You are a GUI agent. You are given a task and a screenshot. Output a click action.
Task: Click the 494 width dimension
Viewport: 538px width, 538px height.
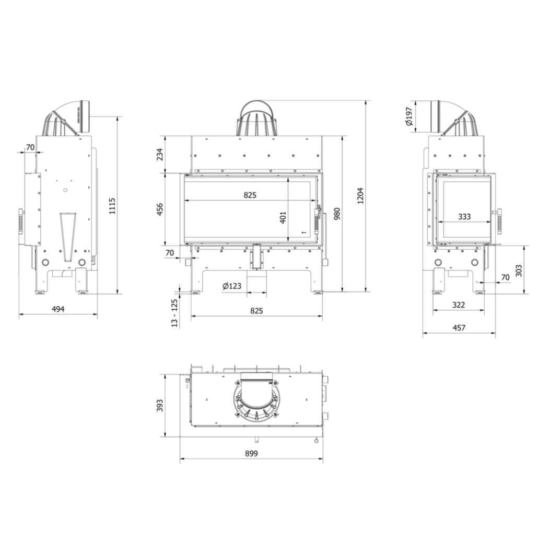(58, 309)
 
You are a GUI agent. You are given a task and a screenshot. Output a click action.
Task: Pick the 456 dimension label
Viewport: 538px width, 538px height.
(160, 209)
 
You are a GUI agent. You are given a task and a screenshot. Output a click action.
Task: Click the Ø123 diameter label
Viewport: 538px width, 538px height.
(231, 286)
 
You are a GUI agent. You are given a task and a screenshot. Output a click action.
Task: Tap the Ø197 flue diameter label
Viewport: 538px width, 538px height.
(409, 117)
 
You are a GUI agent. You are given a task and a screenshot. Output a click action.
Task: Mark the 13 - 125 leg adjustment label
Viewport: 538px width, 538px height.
(174, 312)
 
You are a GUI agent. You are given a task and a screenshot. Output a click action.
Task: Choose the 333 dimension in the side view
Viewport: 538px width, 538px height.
(464, 216)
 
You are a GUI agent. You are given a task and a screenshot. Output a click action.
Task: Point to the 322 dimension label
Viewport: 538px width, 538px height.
(459, 305)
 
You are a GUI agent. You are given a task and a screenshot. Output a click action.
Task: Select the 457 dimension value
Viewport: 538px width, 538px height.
(459, 328)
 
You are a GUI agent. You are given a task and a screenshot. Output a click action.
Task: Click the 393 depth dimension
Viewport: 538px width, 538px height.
(160, 405)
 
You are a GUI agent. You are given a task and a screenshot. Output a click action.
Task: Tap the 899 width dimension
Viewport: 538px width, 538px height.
(251, 454)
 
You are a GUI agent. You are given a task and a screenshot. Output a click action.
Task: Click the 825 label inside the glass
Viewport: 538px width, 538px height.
(250, 195)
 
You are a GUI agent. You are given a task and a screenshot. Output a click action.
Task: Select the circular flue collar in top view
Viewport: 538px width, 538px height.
(256, 400)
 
